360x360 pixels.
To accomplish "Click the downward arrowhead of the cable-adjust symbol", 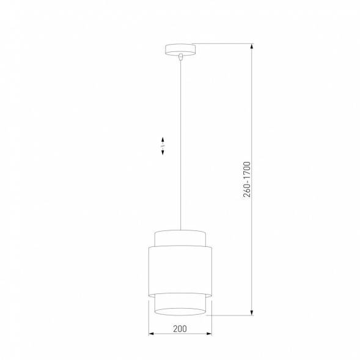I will (163, 153).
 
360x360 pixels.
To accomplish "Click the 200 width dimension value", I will (180, 328).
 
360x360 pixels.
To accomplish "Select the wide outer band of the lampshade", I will (180, 269).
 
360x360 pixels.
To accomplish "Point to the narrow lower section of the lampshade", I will (180, 301).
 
